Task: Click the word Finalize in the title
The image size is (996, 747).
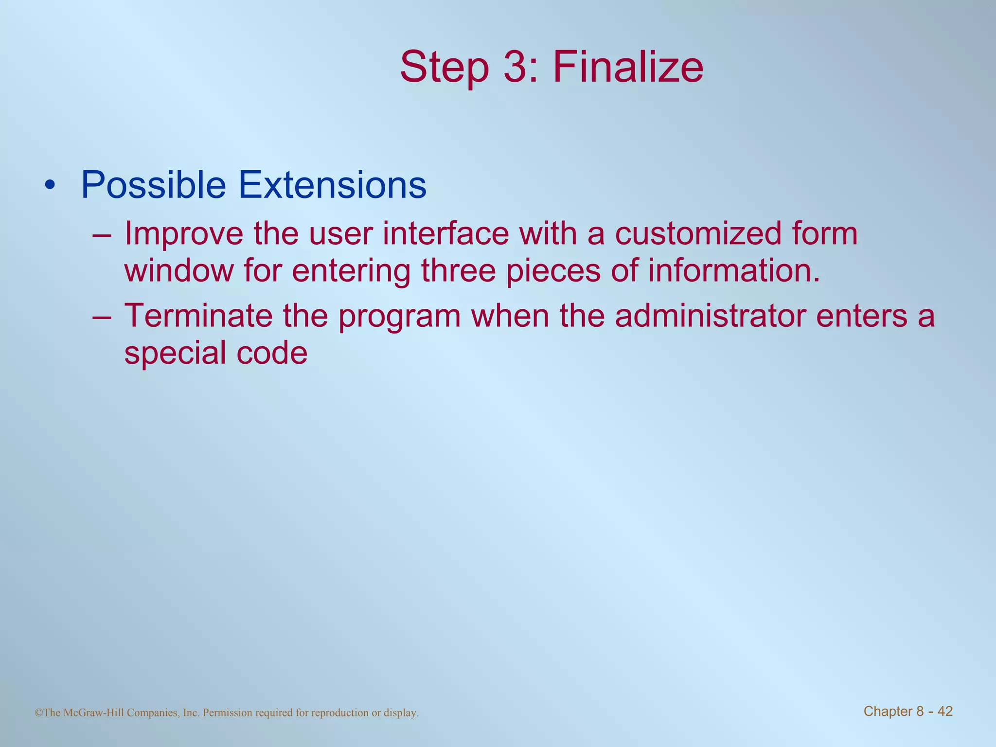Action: [x=628, y=67]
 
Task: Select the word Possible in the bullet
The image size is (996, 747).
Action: [x=154, y=185]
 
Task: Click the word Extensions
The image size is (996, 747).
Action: [x=333, y=185]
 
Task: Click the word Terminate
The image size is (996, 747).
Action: [x=198, y=315]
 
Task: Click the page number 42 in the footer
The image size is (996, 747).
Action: [x=945, y=711]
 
